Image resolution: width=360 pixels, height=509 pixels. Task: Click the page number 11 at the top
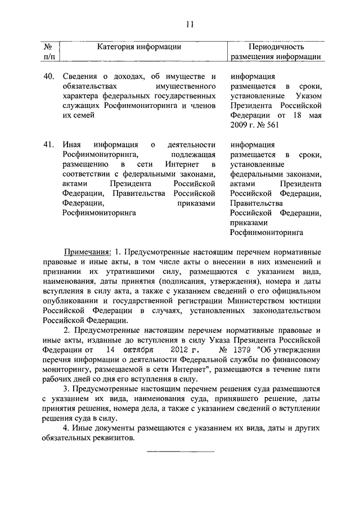[x=189, y=24]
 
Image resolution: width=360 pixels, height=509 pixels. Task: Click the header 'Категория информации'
[x=138, y=46]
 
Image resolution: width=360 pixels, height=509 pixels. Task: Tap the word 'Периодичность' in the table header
[x=276, y=46]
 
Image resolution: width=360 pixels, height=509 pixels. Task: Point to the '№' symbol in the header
[x=48, y=46]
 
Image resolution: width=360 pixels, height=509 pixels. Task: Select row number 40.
[x=48, y=76]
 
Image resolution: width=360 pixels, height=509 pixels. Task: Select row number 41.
[x=48, y=145]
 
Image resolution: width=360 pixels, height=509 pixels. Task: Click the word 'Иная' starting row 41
[x=71, y=145]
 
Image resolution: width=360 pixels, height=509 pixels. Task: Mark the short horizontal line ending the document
[x=180, y=451]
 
